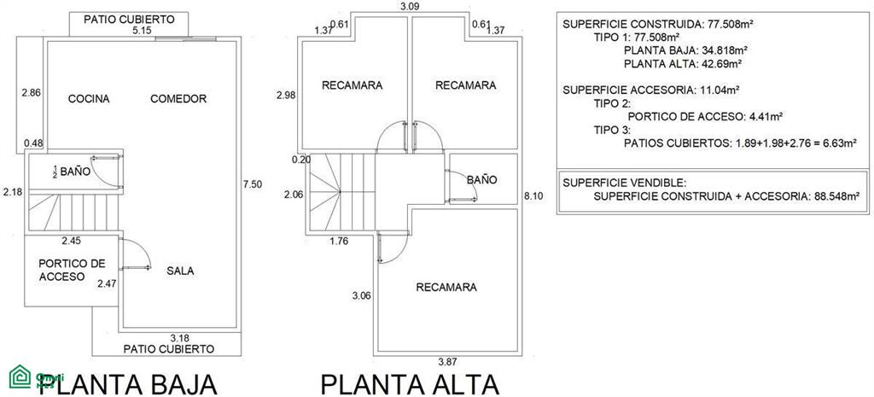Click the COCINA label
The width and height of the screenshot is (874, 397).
coord(89,99)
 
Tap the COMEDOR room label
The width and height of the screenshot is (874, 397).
coord(178,99)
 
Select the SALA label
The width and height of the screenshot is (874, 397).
coord(180,271)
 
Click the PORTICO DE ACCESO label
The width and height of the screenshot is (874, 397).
coord(72,270)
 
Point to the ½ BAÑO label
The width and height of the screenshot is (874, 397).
coord(72,171)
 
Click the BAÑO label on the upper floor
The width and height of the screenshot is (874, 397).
coord(481,180)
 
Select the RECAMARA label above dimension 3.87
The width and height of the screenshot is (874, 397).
coord(446,287)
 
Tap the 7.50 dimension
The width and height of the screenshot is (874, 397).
coord(253,184)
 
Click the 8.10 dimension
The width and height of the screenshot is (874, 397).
coord(533,196)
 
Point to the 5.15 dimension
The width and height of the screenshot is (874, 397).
coord(143,31)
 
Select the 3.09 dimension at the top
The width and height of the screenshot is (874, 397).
coord(410,7)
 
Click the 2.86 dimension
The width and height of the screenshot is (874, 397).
coord(32,93)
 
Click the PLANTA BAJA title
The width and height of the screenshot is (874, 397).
coord(128,384)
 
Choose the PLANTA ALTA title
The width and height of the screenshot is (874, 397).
coord(410,384)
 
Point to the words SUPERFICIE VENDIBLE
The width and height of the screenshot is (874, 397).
coord(625,183)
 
